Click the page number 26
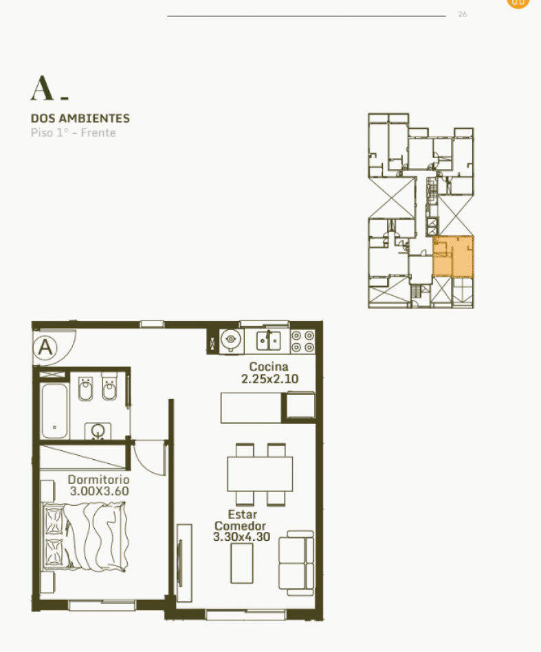pos(462,14)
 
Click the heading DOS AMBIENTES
pos(80,119)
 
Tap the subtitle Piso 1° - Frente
pos(73,132)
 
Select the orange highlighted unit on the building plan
pos(454,256)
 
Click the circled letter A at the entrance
pos(46,347)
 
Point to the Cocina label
pos(269,367)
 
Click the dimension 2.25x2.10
pos(269,379)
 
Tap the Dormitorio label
pos(98,479)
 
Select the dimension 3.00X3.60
pos(99,491)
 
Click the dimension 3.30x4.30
pos(241,537)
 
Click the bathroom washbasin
pos(98,431)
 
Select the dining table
pos(260,473)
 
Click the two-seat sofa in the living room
pos(296,563)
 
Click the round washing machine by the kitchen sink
pos(231,339)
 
